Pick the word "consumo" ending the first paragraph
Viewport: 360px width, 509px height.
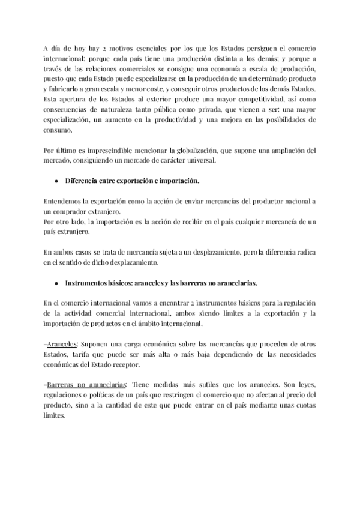coord(59,130)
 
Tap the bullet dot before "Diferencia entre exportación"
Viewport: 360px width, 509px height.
coord(56,182)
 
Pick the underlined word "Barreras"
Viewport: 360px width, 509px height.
coord(61,386)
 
